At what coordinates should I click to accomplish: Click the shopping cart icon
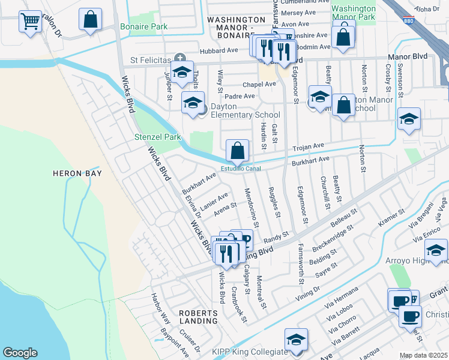point(30,22)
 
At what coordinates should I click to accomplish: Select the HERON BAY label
point(77,173)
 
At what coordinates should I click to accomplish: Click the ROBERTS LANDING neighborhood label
point(197,317)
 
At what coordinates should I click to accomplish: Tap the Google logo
point(20,353)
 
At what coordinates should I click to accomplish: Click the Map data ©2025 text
point(423,355)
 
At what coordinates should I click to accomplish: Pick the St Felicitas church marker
point(179,58)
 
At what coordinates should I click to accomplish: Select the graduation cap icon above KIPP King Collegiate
point(296,340)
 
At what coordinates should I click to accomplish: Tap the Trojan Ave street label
point(308,146)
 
